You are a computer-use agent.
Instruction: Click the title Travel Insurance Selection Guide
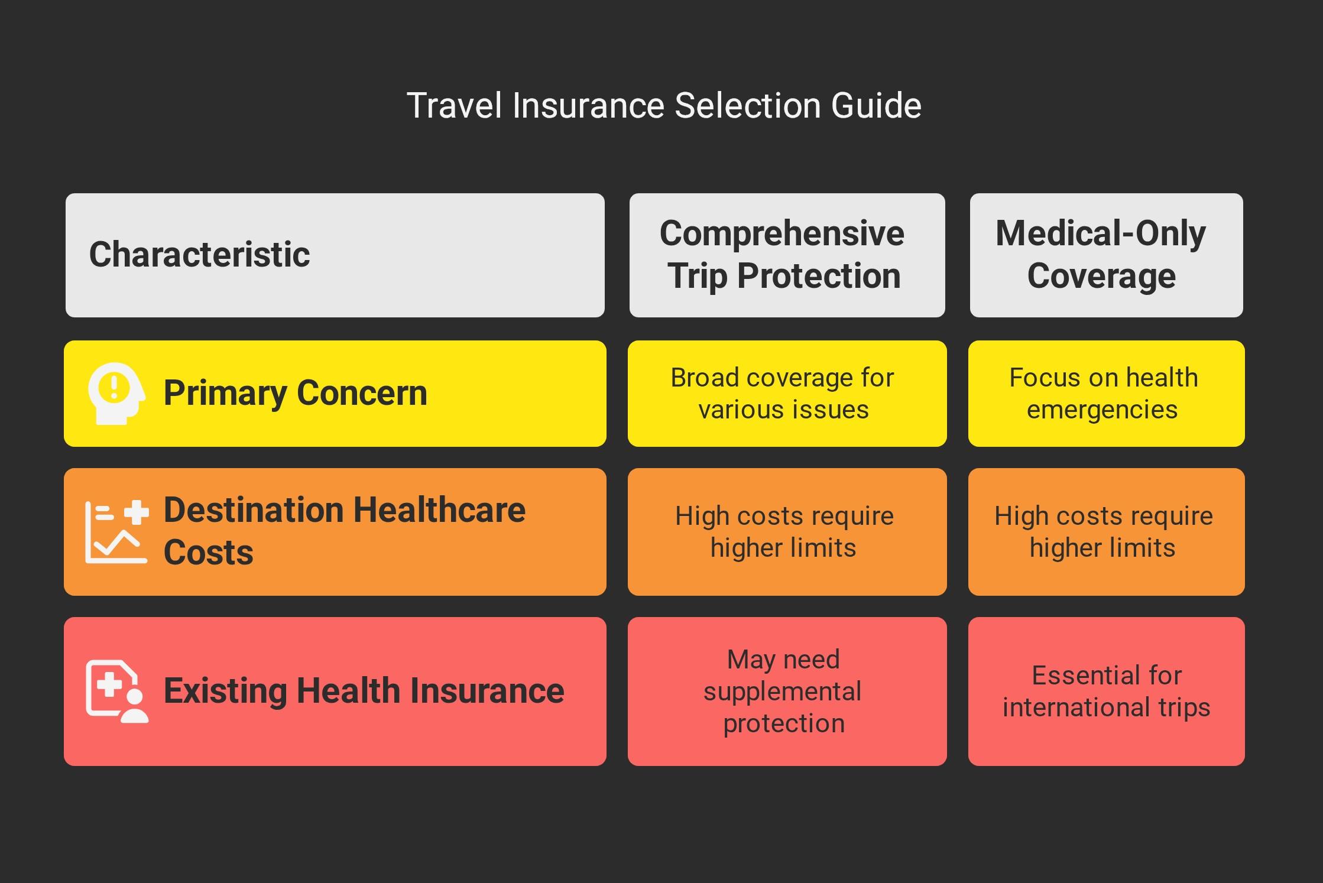pos(664,106)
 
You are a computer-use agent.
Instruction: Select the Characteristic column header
pos(335,255)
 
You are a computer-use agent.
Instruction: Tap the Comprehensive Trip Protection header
pos(787,255)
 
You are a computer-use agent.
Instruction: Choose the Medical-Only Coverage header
pos(1106,255)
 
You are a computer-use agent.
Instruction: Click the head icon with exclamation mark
pos(116,394)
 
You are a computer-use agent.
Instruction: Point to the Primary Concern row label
pos(295,393)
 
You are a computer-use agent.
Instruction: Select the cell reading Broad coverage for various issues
pos(787,394)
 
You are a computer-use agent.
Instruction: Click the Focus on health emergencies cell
pos(1106,394)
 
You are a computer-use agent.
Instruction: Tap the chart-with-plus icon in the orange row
pos(116,532)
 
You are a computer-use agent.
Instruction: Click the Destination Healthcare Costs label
pos(344,531)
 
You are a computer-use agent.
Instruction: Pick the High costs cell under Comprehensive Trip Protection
pos(787,532)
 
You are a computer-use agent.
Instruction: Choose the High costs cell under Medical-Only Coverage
pos(1106,532)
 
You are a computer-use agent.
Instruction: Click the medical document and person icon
pos(116,691)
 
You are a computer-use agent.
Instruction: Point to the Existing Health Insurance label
pos(364,691)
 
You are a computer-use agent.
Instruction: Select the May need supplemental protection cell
pos(787,692)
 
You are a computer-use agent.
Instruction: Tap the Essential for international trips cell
pos(1106,692)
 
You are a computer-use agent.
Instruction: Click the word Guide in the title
pos(876,106)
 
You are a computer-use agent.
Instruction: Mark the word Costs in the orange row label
pos(208,553)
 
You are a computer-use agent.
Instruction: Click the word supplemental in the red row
pos(782,692)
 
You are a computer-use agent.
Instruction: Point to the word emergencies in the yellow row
pos(1102,410)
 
